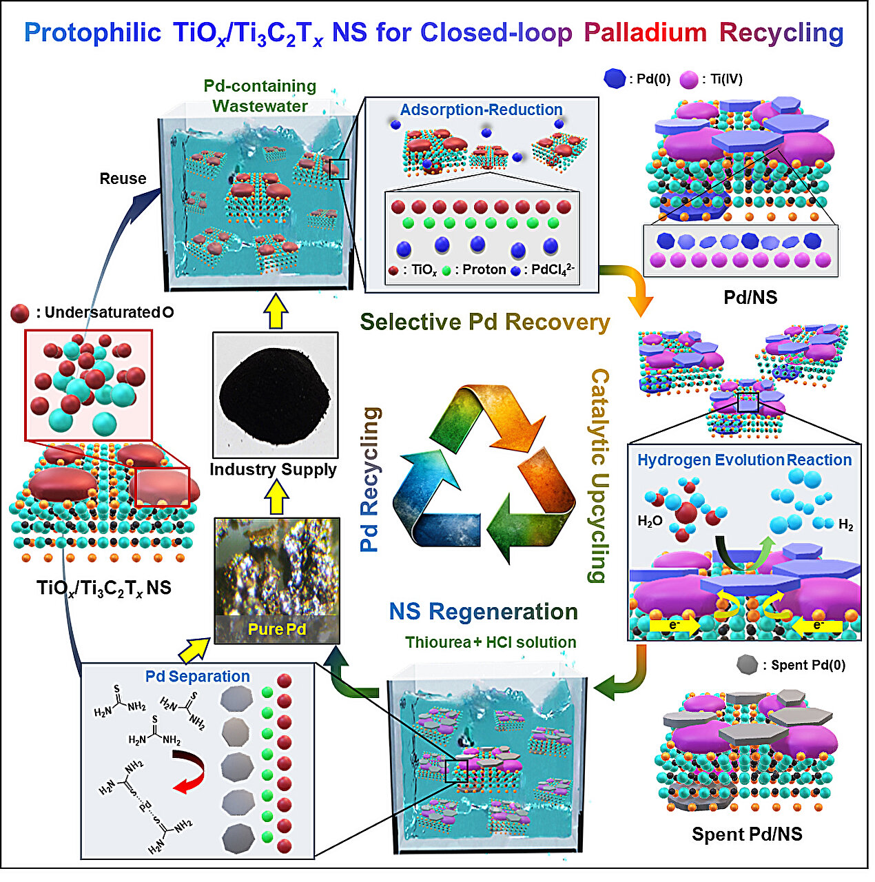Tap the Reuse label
(123, 178)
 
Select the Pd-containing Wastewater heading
(260, 96)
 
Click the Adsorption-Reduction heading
(481, 110)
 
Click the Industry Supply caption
(273, 469)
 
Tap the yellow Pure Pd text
(276, 629)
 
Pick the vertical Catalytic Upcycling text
(599, 475)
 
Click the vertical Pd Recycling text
(371, 479)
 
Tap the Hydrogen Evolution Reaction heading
(744, 460)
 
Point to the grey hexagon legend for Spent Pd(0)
(747, 665)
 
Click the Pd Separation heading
(197, 676)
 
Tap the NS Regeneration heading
(483, 611)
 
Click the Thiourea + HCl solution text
(491, 642)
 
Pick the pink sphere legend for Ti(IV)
(688, 80)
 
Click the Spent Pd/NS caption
(747, 834)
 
